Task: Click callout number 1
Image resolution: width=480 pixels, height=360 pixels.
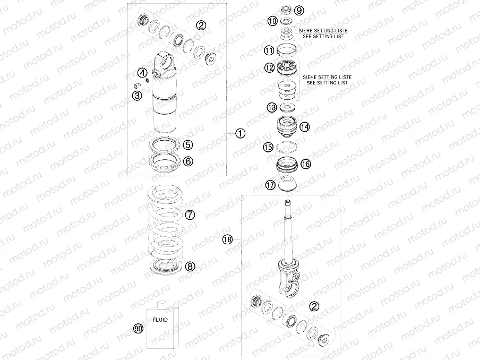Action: [x=241, y=133]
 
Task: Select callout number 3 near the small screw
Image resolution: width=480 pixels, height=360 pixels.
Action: [x=138, y=96]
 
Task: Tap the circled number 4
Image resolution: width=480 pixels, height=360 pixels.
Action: [x=142, y=73]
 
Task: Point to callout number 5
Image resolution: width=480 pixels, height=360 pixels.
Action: [x=188, y=144]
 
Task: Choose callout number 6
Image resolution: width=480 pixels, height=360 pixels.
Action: [x=188, y=161]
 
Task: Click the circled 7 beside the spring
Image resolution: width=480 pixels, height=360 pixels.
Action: [x=190, y=215]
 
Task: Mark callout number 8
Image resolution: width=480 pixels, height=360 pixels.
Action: [x=190, y=266]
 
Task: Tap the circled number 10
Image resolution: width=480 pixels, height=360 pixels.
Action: [x=272, y=21]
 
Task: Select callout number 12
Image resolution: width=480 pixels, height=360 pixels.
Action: [x=270, y=68]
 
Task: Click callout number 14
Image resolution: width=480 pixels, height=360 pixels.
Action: [x=304, y=127]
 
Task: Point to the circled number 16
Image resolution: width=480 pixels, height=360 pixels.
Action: [x=305, y=164]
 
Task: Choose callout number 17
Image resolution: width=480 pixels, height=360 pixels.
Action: [x=270, y=185]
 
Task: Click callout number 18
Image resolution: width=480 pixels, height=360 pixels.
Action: [x=228, y=240]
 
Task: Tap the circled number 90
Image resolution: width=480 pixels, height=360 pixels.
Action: [x=139, y=329]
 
